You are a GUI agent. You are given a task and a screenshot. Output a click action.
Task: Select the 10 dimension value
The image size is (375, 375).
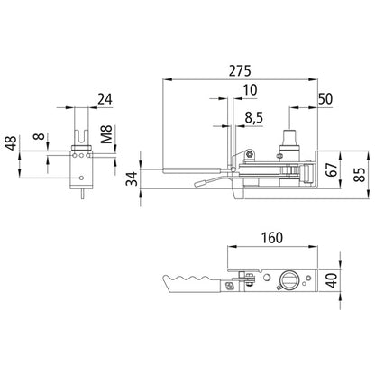pos(248,89)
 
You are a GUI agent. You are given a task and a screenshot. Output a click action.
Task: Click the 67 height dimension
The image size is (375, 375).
pos(333,169)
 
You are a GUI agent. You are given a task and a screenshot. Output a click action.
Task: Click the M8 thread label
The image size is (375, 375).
pos(105,140)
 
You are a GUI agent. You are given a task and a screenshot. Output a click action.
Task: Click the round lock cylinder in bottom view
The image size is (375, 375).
pos(290,280)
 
